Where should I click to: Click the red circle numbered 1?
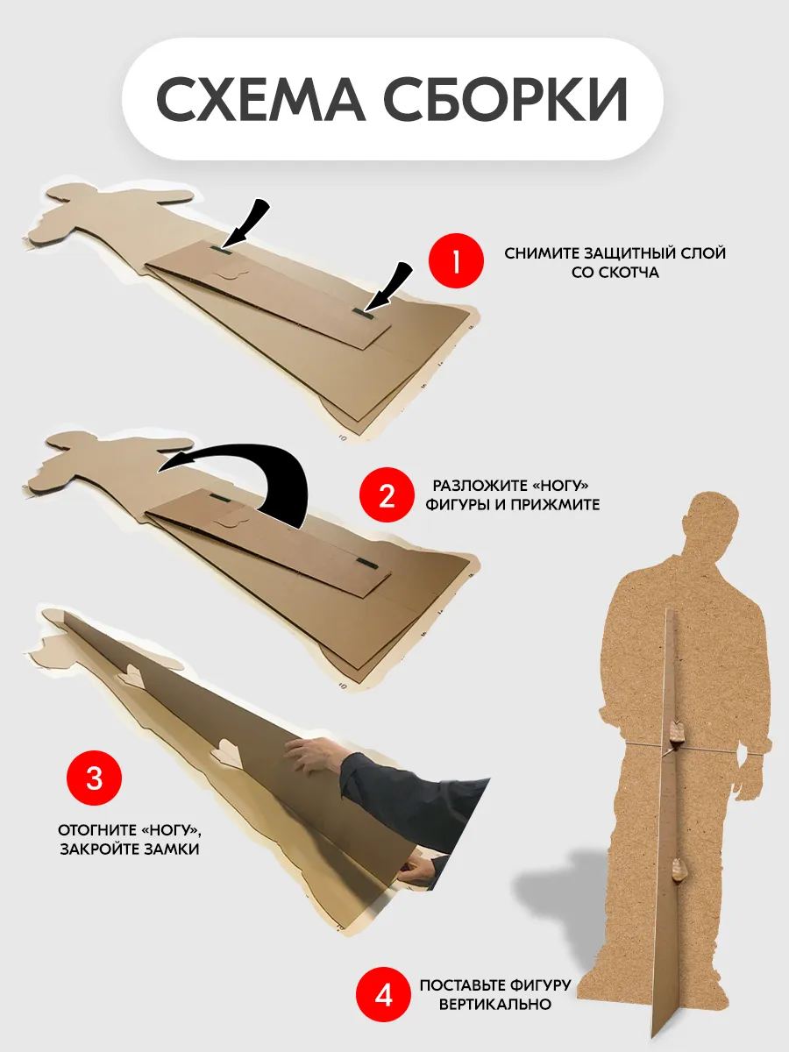456,261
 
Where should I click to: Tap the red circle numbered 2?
387,495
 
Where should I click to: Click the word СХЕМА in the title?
261,99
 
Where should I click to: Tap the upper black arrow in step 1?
245,224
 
